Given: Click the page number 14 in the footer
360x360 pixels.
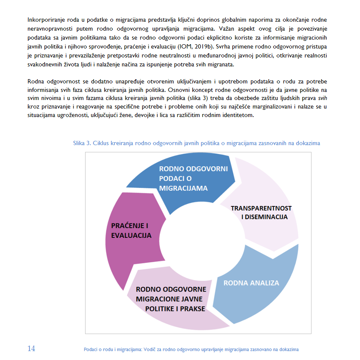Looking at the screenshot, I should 31,349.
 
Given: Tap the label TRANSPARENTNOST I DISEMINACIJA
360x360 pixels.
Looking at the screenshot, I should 261,212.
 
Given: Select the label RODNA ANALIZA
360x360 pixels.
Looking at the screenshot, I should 251,283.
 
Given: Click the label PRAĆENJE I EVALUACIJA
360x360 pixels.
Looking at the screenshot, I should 131,230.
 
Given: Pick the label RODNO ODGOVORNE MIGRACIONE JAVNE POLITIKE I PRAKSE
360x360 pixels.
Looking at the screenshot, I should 171,299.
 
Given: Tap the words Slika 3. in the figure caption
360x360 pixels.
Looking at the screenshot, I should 82,143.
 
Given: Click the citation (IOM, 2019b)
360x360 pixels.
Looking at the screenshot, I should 198,47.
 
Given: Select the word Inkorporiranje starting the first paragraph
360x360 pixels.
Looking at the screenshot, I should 46,20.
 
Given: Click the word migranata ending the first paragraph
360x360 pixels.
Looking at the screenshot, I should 234,65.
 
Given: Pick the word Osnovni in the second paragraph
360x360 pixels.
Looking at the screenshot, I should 180,90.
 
